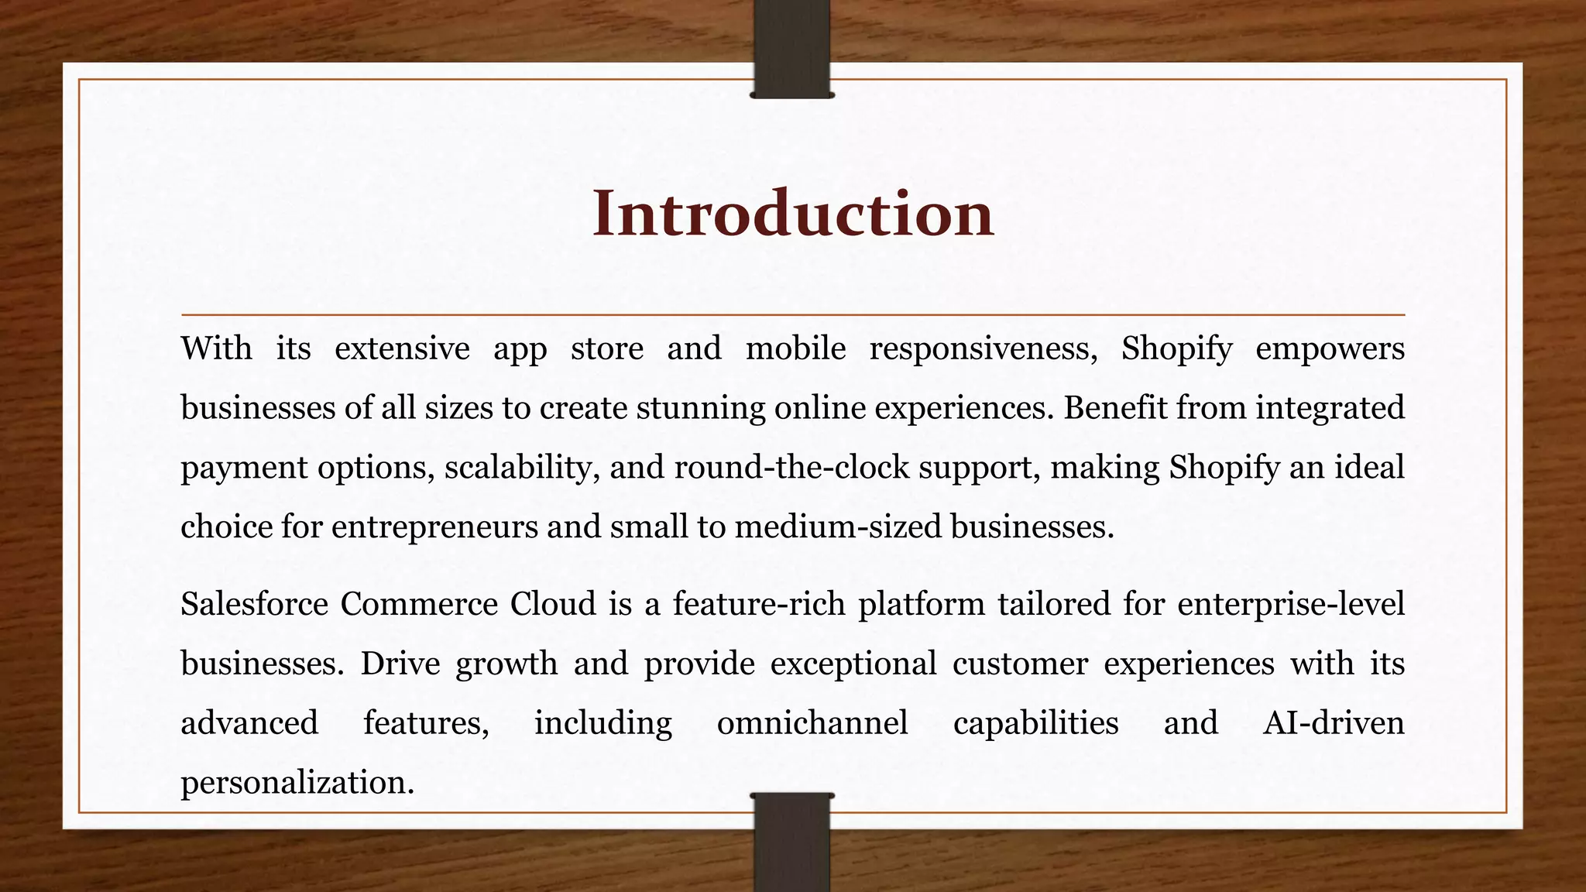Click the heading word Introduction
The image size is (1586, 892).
(x=792, y=214)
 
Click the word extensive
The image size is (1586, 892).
(x=402, y=348)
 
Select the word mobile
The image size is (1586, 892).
(x=795, y=348)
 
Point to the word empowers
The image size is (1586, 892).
(x=1330, y=348)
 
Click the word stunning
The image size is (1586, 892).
(x=700, y=408)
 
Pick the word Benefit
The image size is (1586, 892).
(x=1114, y=408)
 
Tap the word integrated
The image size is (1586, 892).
(x=1330, y=408)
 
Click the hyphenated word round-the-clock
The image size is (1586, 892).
(x=791, y=468)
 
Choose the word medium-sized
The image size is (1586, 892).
(x=838, y=527)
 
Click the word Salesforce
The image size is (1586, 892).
(x=254, y=604)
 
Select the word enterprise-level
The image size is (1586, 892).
(x=1290, y=604)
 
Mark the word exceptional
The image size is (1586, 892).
(x=853, y=664)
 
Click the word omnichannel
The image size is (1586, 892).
(x=812, y=723)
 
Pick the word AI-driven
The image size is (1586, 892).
(x=1333, y=723)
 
